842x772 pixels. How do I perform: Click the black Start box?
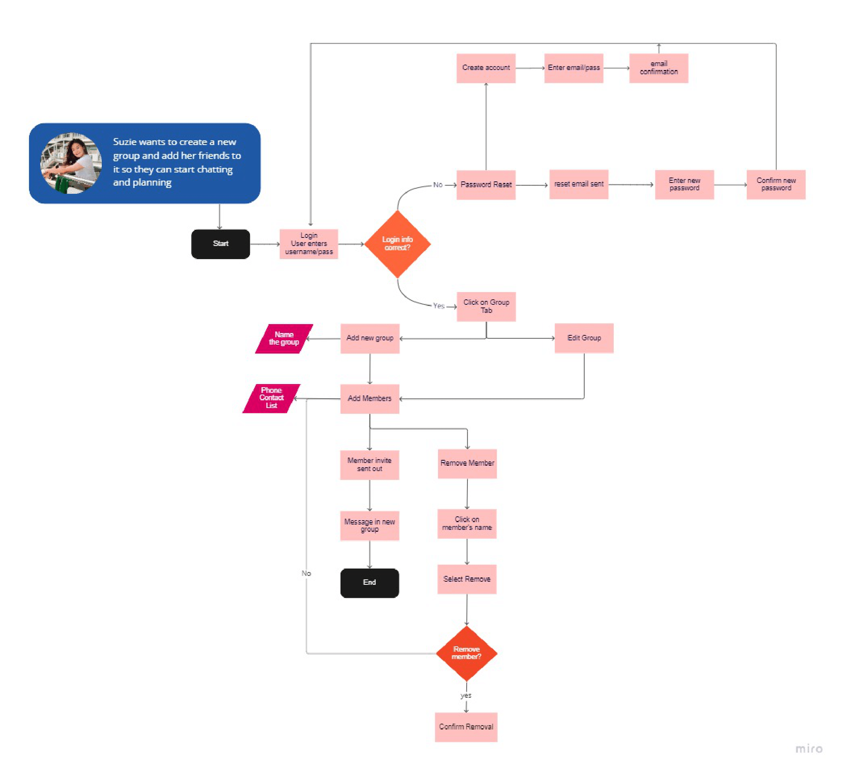[x=220, y=244]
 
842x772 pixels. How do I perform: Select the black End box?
[x=370, y=583]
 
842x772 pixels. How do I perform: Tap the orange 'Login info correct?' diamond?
[x=397, y=244]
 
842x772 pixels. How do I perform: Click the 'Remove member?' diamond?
[x=466, y=653]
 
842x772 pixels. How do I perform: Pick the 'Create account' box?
[x=486, y=68]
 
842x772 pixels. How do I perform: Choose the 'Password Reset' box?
[x=486, y=184]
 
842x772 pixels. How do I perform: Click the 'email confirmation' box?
[x=659, y=68]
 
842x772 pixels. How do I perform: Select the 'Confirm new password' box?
[x=775, y=184]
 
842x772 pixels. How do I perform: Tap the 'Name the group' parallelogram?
[x=284, y=338]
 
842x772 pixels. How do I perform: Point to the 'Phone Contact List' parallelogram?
[x=271, y=398]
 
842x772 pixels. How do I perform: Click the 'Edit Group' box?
[x=584, y=338]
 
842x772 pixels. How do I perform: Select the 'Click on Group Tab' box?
[x=486, y=306]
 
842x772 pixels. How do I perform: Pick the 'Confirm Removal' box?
[x=466, y=727]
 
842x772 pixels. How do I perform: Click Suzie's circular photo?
[x=71, y=163]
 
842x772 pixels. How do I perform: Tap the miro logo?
[x=808, y=749]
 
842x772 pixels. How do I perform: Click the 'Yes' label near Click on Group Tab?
[x=438, y=306]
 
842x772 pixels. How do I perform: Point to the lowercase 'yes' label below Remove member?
[x=465, y=695]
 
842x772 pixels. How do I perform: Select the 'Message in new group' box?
[x=370, y=526]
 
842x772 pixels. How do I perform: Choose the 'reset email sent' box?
[x=578, y=184]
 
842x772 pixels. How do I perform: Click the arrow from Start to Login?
[x=265, y=244]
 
